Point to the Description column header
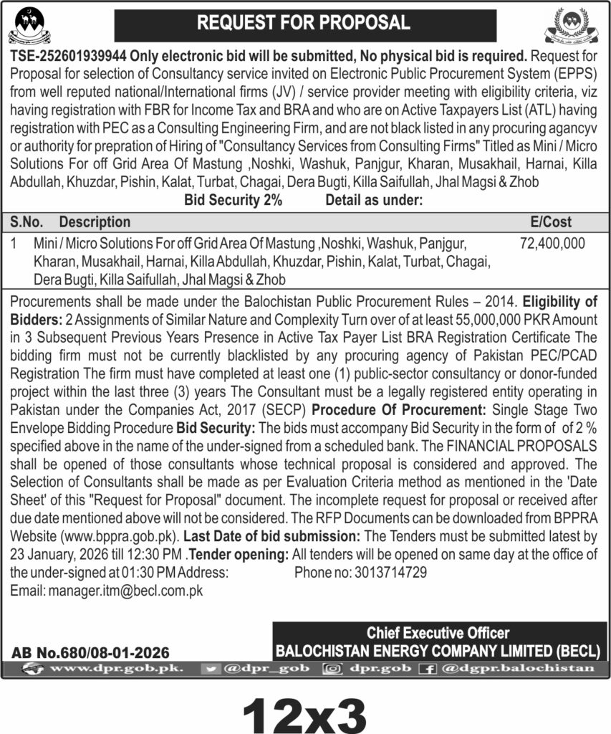(95, 222)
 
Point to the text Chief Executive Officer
(438, 632)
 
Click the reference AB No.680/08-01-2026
(90, 652)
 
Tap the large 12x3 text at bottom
(304, 708)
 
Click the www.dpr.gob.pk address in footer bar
(119, 668)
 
